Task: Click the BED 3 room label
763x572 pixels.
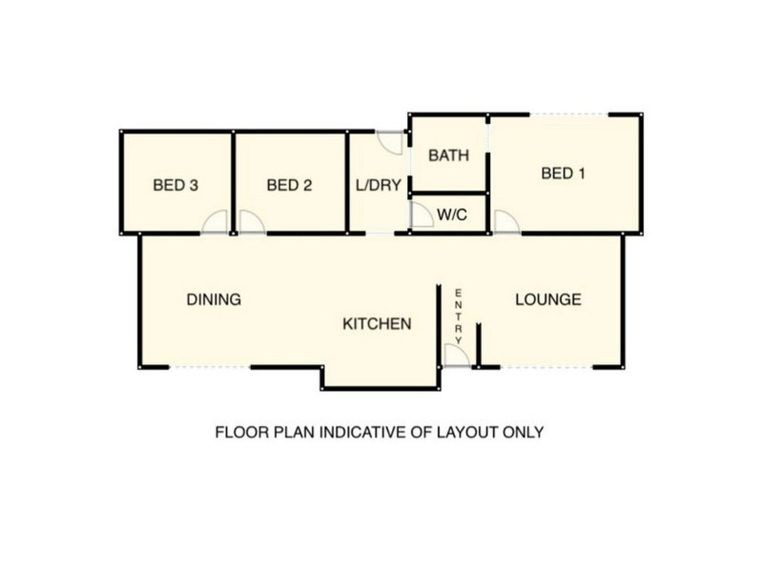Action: [x=175, y=185]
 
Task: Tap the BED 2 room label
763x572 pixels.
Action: [x=290, y=185]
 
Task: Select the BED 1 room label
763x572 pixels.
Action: [x=563, y=173]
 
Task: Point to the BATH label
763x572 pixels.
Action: [x=448, y=155]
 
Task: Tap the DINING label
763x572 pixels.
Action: [x=213, y=298]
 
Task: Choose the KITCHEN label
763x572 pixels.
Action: [x=377, y=324]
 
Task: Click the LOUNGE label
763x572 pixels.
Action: [x=548, y=298]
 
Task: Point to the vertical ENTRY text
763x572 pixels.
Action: [x=459, y=316]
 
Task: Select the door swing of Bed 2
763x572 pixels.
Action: [x=251, y=222]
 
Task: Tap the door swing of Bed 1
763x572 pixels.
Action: [x=505, y=222]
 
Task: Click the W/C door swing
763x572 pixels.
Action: [x=421, y=215]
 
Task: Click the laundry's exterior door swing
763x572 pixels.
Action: [x=391, y=141]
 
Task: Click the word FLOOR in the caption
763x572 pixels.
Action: [x=239, y=432]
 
